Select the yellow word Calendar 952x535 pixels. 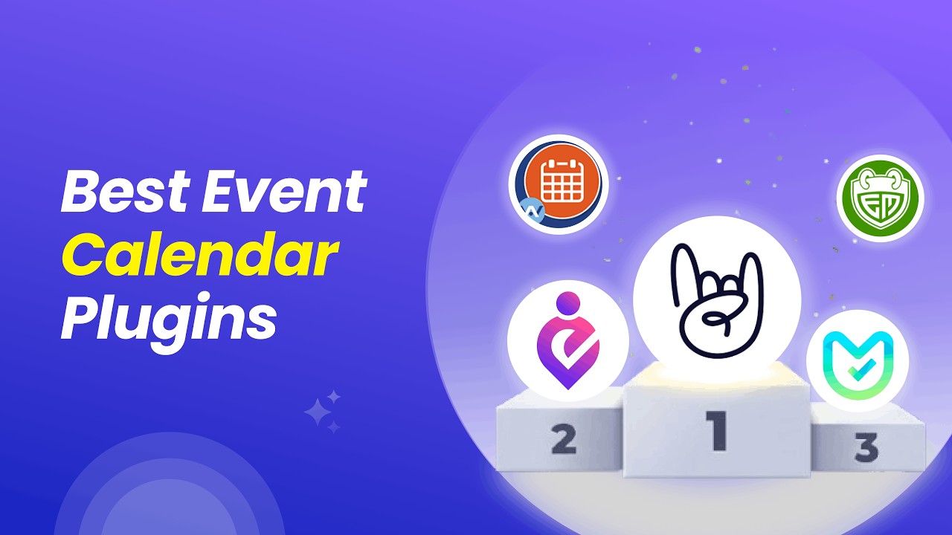click(199, 257)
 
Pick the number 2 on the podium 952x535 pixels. click(564, 438)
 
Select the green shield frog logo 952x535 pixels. click(879, 198)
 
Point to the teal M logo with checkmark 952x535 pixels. click(858, 365)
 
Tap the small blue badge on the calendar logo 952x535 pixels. click(533, 211)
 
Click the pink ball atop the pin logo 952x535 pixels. click(568, 302)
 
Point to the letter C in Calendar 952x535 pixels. click(83, 257)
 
